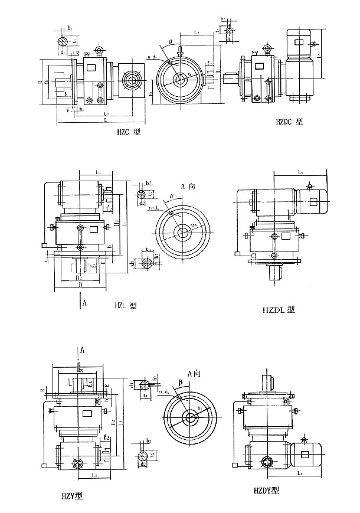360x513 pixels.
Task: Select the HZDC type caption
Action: (x=289, y=122)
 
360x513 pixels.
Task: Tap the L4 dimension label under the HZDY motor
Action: (x=300, y=473)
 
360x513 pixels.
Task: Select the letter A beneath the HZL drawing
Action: (x=85, y=303)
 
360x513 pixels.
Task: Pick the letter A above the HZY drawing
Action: (x=82, y=350)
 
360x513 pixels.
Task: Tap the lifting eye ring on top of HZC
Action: (x=99, y=50)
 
